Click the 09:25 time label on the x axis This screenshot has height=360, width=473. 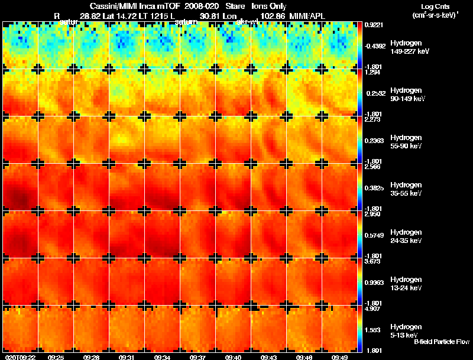56,357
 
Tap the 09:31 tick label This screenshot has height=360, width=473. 127,357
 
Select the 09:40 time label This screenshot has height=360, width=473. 234,357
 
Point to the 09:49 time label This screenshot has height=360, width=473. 340,357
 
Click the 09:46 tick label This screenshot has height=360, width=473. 304,357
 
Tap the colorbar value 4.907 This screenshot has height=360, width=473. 372,309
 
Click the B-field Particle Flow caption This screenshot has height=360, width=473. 440,342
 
